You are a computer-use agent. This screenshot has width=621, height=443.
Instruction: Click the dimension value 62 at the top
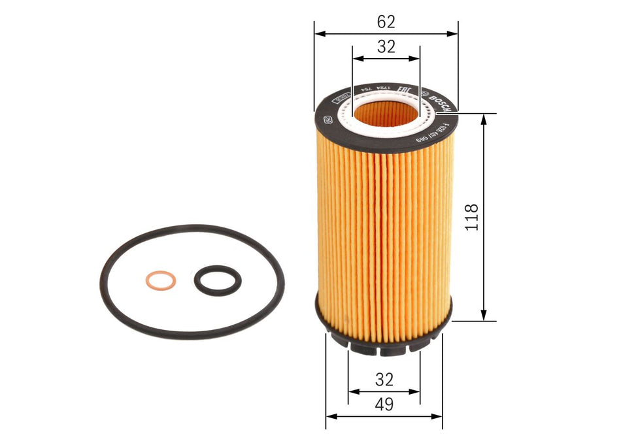(x=386, y=22)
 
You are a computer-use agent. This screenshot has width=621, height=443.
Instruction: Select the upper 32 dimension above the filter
(x=386, y=46)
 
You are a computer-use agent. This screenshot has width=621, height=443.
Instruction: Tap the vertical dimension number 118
(x=472, y=217)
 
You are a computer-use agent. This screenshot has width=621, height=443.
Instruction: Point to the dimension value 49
(x=385, y=404)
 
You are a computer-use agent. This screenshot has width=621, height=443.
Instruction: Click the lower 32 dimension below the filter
(x=385, y=380)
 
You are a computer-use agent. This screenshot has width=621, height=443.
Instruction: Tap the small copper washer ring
(x=160, y=281)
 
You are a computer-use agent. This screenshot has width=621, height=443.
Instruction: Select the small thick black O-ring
(x=218, y=280)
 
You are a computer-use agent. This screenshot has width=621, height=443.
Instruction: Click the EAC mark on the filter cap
(x=404, y=91)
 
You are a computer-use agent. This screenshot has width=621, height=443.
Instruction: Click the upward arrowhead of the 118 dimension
(x=484, y=118)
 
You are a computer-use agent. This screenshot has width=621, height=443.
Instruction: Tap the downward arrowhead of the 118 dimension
(x=484, y=316)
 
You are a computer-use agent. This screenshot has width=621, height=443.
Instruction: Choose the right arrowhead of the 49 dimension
(x=438, y=416)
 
